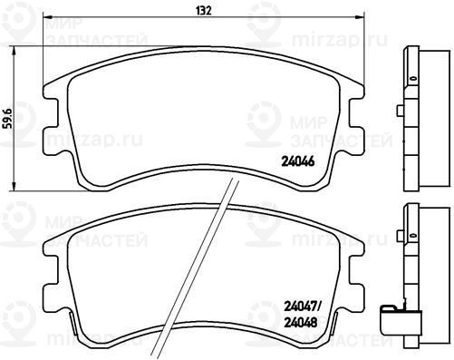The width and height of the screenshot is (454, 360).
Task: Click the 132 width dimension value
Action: (x=204, y=10)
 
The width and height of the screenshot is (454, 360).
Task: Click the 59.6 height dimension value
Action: (x=9, y=119)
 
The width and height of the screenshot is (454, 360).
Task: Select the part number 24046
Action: (x=298, y=161)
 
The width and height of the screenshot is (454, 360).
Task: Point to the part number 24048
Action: (x=300, y=323)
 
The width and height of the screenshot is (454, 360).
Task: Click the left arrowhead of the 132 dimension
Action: (x=47, y=16)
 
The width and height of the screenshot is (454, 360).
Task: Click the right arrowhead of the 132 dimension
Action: (x=362, y=16)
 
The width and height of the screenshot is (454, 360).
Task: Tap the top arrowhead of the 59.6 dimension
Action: (x=13, y=51)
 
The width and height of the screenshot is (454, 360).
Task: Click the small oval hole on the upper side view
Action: (x=413, y=78)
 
